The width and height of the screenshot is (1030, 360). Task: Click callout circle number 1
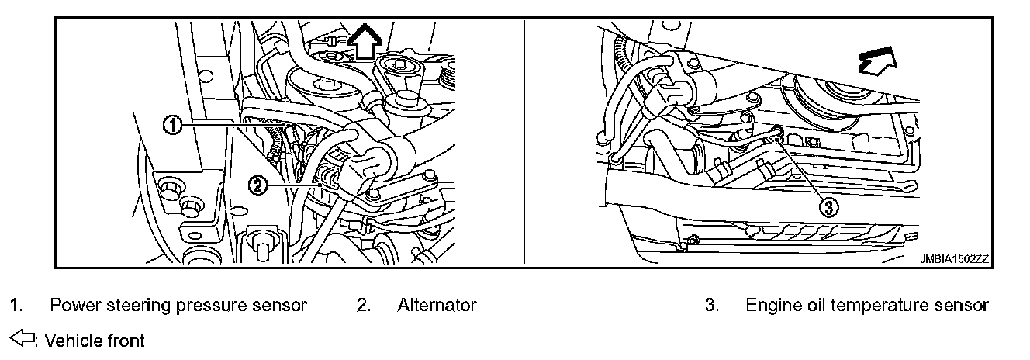175,124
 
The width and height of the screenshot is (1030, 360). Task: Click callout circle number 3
829,206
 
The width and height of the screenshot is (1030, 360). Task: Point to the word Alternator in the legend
437,306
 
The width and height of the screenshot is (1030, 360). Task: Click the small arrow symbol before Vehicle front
22,339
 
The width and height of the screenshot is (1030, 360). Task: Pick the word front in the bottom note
124,340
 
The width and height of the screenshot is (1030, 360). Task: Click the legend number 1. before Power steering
15,306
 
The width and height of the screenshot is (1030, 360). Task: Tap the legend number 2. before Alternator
363,306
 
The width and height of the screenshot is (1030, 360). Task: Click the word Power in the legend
71,306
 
